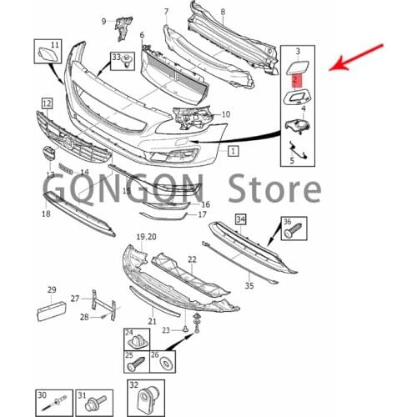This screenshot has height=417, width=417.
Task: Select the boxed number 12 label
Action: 47,103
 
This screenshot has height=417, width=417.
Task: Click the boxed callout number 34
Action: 240,219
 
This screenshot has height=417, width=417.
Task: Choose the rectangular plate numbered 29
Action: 49,311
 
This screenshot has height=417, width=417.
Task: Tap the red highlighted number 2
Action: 296,79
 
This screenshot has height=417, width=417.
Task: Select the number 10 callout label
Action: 226,113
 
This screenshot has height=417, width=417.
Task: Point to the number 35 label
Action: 249,286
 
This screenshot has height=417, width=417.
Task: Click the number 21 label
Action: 152,321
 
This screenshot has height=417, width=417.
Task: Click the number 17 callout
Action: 201,214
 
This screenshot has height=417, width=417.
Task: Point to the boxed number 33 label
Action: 116,57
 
